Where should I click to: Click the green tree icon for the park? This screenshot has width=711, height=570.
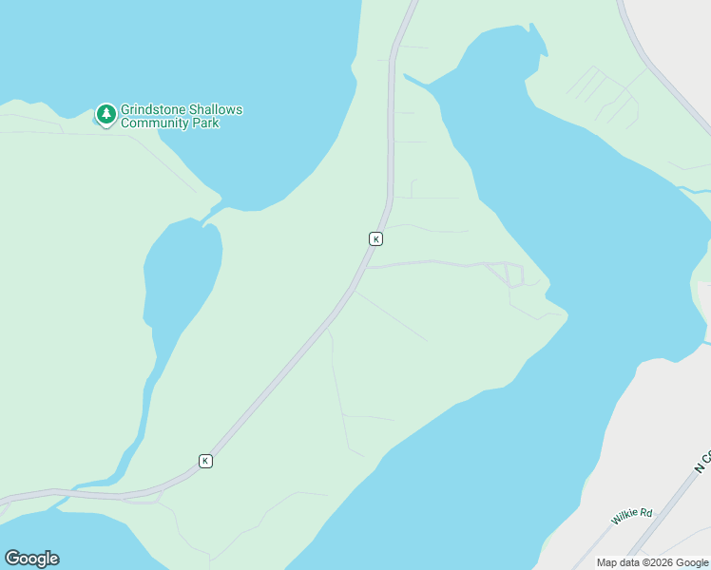tap(106, 114)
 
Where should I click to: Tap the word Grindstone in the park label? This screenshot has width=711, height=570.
tap(152, 110)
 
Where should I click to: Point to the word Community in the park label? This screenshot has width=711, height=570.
tap(157, 123)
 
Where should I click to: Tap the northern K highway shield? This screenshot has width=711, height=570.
tap(375, 239)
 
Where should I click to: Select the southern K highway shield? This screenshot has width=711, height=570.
tap(205, 461)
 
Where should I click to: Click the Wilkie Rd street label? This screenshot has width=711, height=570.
tap(632, 515)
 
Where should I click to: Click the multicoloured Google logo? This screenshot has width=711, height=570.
tap(31, 559)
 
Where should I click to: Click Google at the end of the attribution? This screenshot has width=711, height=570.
tap(693, 562)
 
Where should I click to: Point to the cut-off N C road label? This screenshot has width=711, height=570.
tap(701, 463)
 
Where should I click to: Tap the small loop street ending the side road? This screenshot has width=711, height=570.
tap(514, 275)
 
